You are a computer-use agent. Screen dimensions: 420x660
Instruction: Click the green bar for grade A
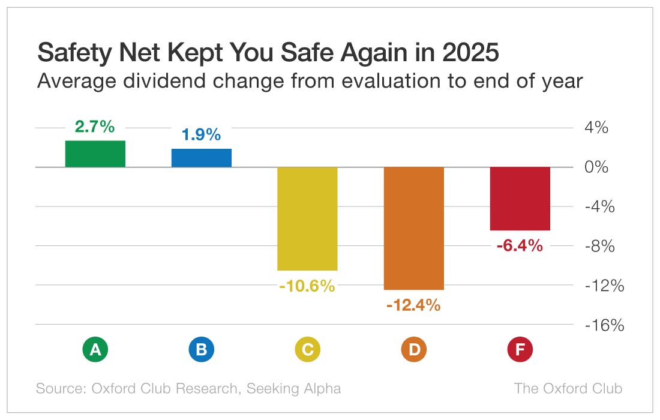(x=95, y=154)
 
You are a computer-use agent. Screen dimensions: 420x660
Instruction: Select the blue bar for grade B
(x=201, y=158)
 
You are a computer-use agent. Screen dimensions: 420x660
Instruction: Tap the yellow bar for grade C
(x=307, y=218)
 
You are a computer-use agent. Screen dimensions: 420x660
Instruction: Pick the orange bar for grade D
(x=413, y=228)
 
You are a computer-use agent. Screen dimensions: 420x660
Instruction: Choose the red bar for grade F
(x=520, y=199)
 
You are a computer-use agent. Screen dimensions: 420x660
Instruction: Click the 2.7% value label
(x=95, y=127)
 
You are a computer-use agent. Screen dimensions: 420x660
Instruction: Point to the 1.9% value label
(x=201, y=135)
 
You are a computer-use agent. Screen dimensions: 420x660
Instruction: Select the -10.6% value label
(x=307, y=286)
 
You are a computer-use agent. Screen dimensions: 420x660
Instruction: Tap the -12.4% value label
(x=413, y=305)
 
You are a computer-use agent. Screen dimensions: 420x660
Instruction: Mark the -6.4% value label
(x=520, y=245)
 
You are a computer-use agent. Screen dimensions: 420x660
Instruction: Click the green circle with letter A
(x=95, y=350)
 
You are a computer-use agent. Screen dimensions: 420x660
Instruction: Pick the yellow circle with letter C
(x=307, y=350)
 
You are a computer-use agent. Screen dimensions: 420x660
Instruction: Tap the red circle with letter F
(x=520, y=350)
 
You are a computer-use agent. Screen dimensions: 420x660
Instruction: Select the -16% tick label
(x=604, y=325)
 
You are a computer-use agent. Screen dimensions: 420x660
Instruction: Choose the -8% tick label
(x=600, y=246)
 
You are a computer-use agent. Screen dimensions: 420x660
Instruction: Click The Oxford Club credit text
(x=568, y=388)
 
